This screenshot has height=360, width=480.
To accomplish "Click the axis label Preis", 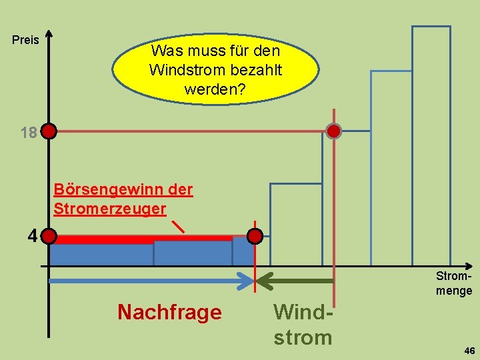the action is tap(26, 40).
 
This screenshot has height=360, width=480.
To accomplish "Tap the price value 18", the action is tap(28, 133).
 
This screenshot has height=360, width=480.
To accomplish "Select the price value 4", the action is tap(32, 235).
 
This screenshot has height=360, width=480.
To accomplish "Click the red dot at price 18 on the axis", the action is tap(49, 131).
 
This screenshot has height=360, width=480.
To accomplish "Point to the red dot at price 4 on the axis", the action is tap(50, 236).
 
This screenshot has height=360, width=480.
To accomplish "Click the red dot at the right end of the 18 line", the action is tap(333, 131).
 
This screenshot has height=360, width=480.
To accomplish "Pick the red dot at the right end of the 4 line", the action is tap(255, 236).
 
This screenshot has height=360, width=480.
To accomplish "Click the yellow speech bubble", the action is tap(215, 69).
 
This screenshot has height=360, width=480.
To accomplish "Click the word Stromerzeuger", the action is tap(109, 208).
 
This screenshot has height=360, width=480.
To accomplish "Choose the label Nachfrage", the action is tap(169, 311).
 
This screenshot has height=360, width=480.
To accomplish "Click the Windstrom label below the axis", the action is tap(302, 324).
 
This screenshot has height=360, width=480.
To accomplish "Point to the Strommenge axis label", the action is tap(453, 283).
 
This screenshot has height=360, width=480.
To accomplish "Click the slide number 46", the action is tap(469, 351).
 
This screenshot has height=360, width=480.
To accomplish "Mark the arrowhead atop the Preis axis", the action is tap(49, 35).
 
